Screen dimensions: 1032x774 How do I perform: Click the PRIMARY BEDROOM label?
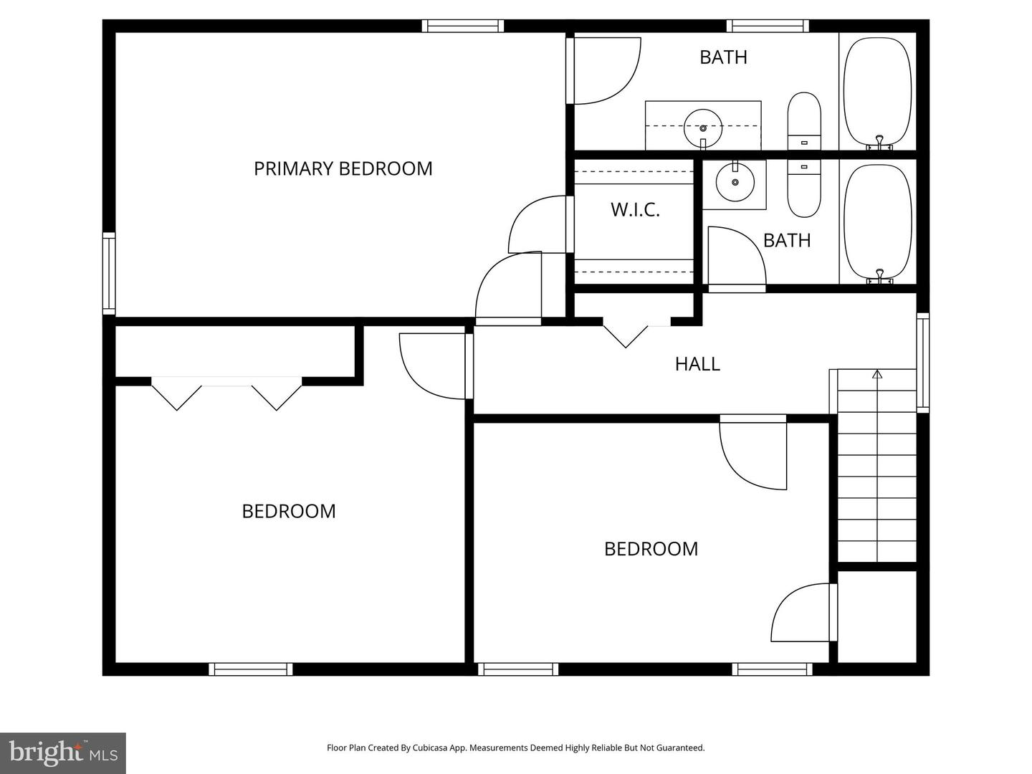pos(343,168)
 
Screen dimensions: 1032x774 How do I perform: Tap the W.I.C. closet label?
pos(635,209)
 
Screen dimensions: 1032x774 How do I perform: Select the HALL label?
pos(697,364)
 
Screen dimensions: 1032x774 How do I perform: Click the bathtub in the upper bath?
pos(877,93)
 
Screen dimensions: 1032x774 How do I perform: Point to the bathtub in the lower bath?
pos(877,224)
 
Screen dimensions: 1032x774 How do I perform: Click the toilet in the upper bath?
pos(804,121)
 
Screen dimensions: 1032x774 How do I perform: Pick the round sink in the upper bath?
pos(703,128)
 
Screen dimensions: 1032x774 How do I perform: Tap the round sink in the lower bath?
pos(735,181)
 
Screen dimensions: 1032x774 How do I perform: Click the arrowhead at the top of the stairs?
pos(877,374)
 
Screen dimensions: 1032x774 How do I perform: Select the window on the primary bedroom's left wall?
pos(109,273)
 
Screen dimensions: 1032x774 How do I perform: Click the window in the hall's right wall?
pos(923,363)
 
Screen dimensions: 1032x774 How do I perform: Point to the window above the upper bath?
pos(768,26)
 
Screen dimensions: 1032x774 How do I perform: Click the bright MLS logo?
pos(62,752)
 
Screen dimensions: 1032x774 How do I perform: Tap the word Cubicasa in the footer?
pos(429,747)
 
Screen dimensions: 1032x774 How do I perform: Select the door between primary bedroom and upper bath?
pos(603,70)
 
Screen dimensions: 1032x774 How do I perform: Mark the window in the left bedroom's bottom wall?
pos(251,669)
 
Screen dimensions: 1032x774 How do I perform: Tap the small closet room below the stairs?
pos(877,616)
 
